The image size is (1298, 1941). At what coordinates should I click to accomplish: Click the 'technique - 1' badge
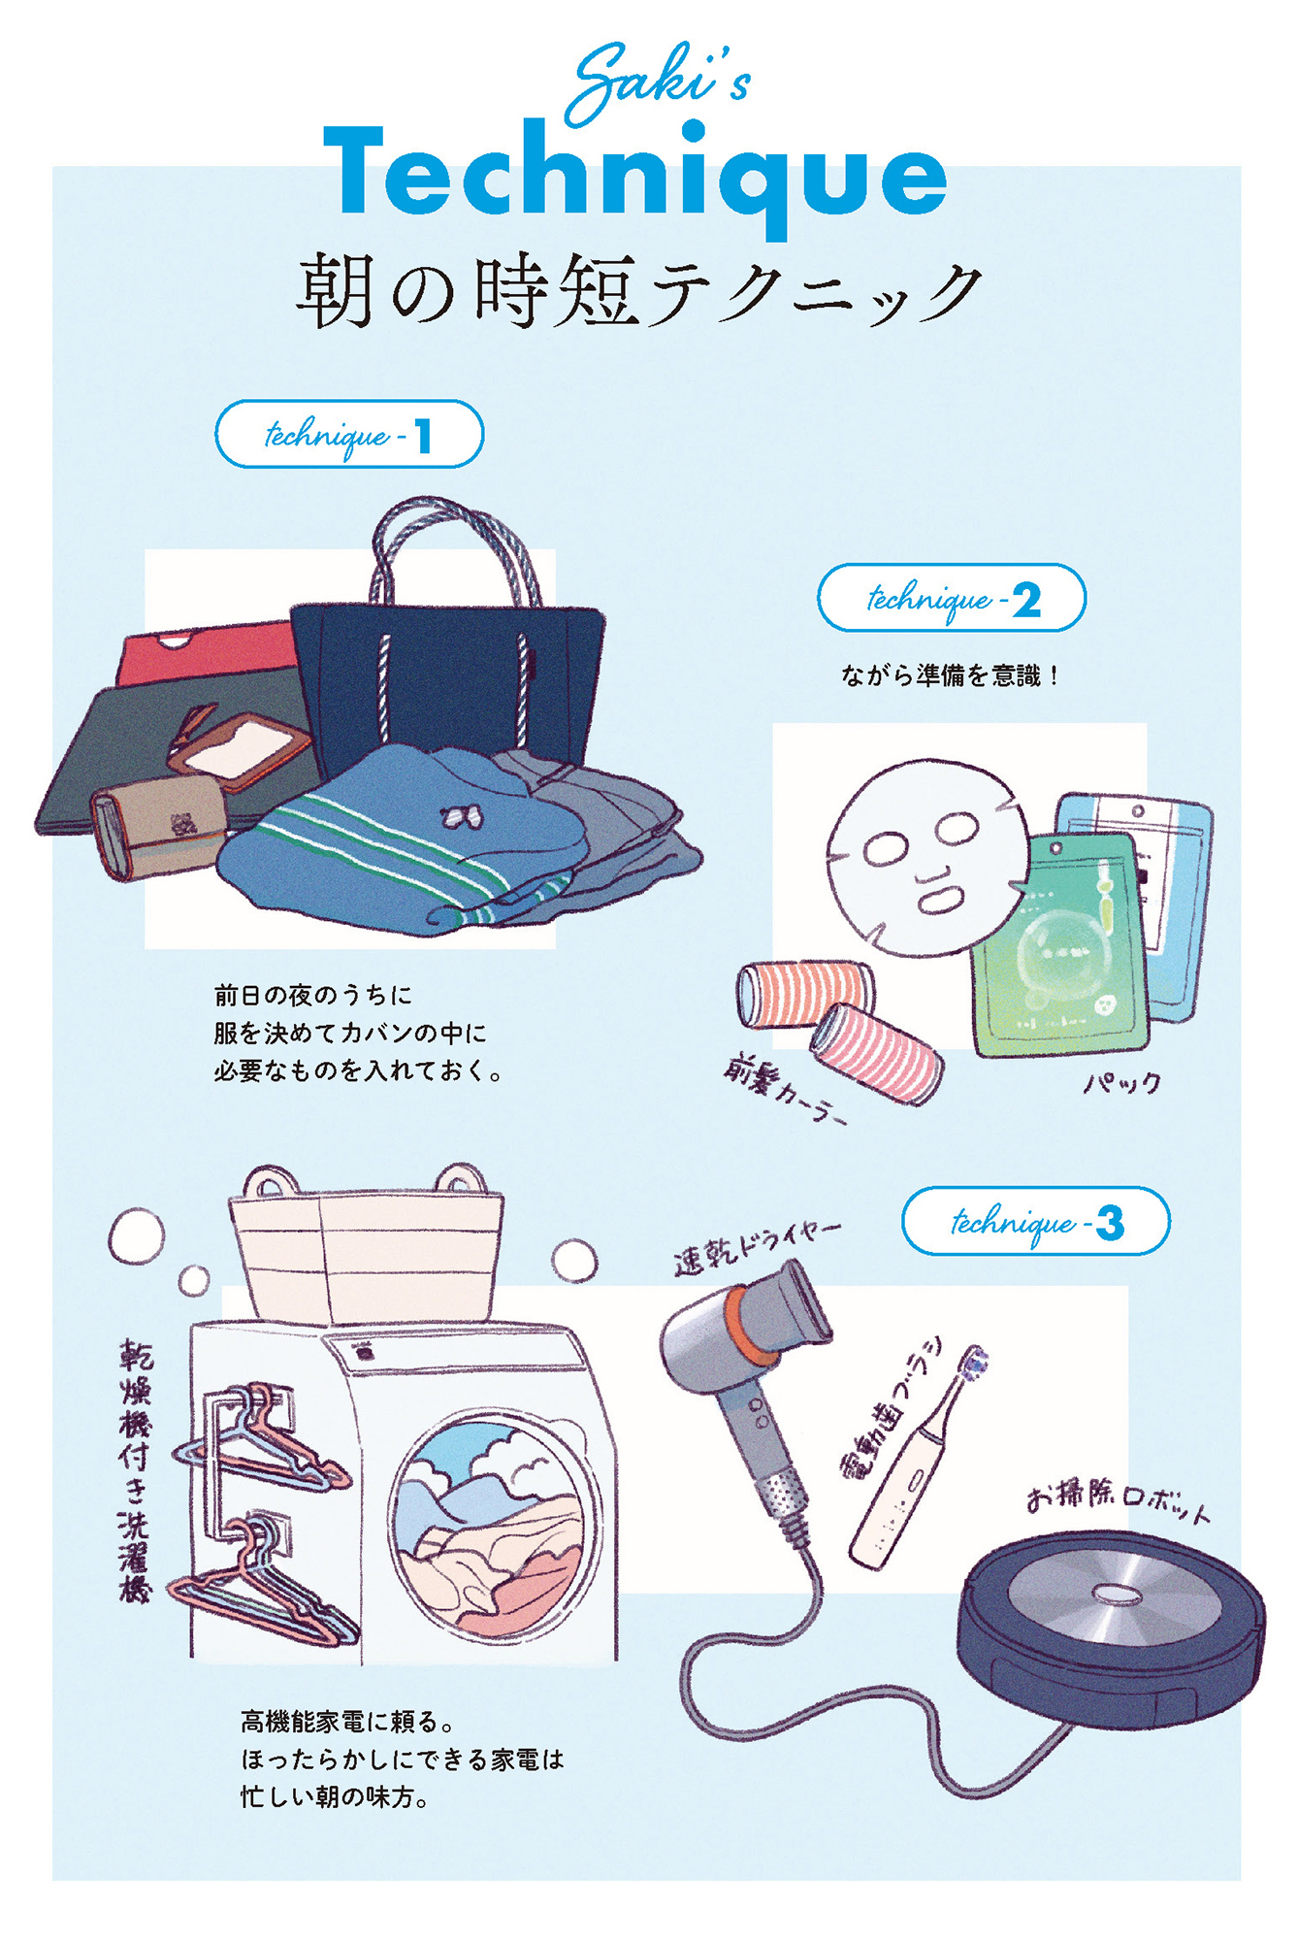(x=349, y=434)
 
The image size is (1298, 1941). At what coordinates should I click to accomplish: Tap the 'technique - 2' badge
(x=952, y=598)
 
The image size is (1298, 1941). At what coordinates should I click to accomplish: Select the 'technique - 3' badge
(x=1036, y=1221)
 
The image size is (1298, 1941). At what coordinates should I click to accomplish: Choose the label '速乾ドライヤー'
(x=758, y=1246)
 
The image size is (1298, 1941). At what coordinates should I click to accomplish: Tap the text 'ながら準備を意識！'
(x=951, y=675)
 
